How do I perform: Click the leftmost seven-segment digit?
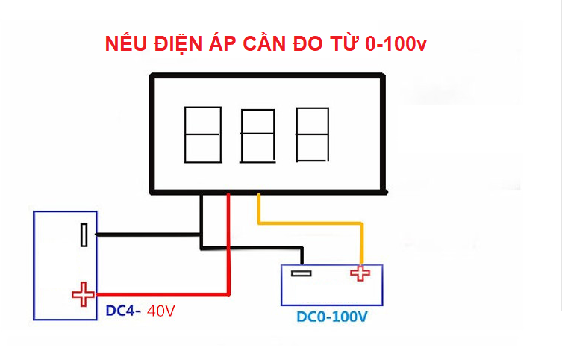(x=202, y=134)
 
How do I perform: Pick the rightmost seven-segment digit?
(x=312, y=134)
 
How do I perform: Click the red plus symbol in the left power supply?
(x=82, y=294)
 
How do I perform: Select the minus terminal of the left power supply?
(x=85, y=235)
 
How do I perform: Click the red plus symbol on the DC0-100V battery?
(x=360, y=273)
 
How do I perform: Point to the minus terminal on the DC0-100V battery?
(x=301, y=273)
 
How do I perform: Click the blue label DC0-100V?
(x=332, y=317)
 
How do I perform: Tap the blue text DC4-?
(x=122, y=310)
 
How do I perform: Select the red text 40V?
(x=161, y=310)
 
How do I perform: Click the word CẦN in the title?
(x=263, y=43)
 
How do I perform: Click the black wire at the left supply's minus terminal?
(x=142, y=235)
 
